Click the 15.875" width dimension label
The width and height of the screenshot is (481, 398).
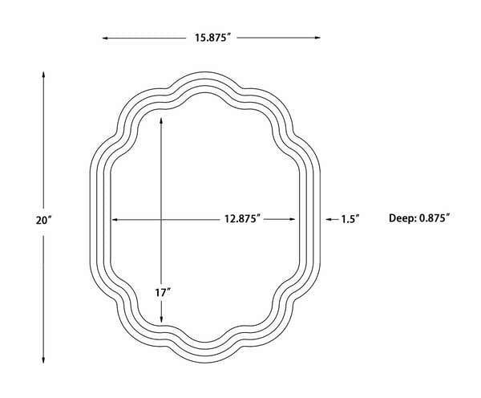212,38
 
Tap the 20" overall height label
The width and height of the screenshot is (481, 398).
43,220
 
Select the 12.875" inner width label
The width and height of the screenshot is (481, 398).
242,219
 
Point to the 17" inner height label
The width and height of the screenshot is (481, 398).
162,293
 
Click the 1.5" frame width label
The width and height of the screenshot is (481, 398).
350,219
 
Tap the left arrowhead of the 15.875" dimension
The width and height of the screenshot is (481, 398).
104,38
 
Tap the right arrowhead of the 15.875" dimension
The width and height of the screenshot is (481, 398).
317,38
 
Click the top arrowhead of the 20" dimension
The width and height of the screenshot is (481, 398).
43,75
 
